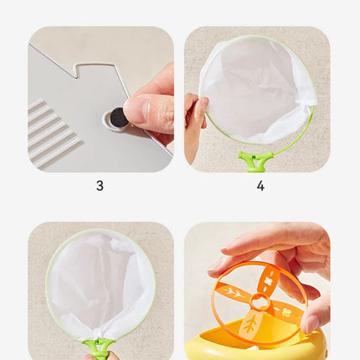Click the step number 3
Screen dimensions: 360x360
(100, 186)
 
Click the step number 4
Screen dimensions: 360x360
(260, 186)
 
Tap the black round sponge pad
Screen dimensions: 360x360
(118, 117)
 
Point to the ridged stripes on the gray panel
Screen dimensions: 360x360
(52, 131)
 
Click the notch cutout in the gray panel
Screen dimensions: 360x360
(95, 70)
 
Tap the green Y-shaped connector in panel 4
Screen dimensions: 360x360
(255, 162)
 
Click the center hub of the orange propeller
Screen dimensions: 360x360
(260, 301)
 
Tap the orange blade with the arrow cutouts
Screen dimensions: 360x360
(233, 292)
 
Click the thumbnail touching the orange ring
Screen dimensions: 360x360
(311, 324)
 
